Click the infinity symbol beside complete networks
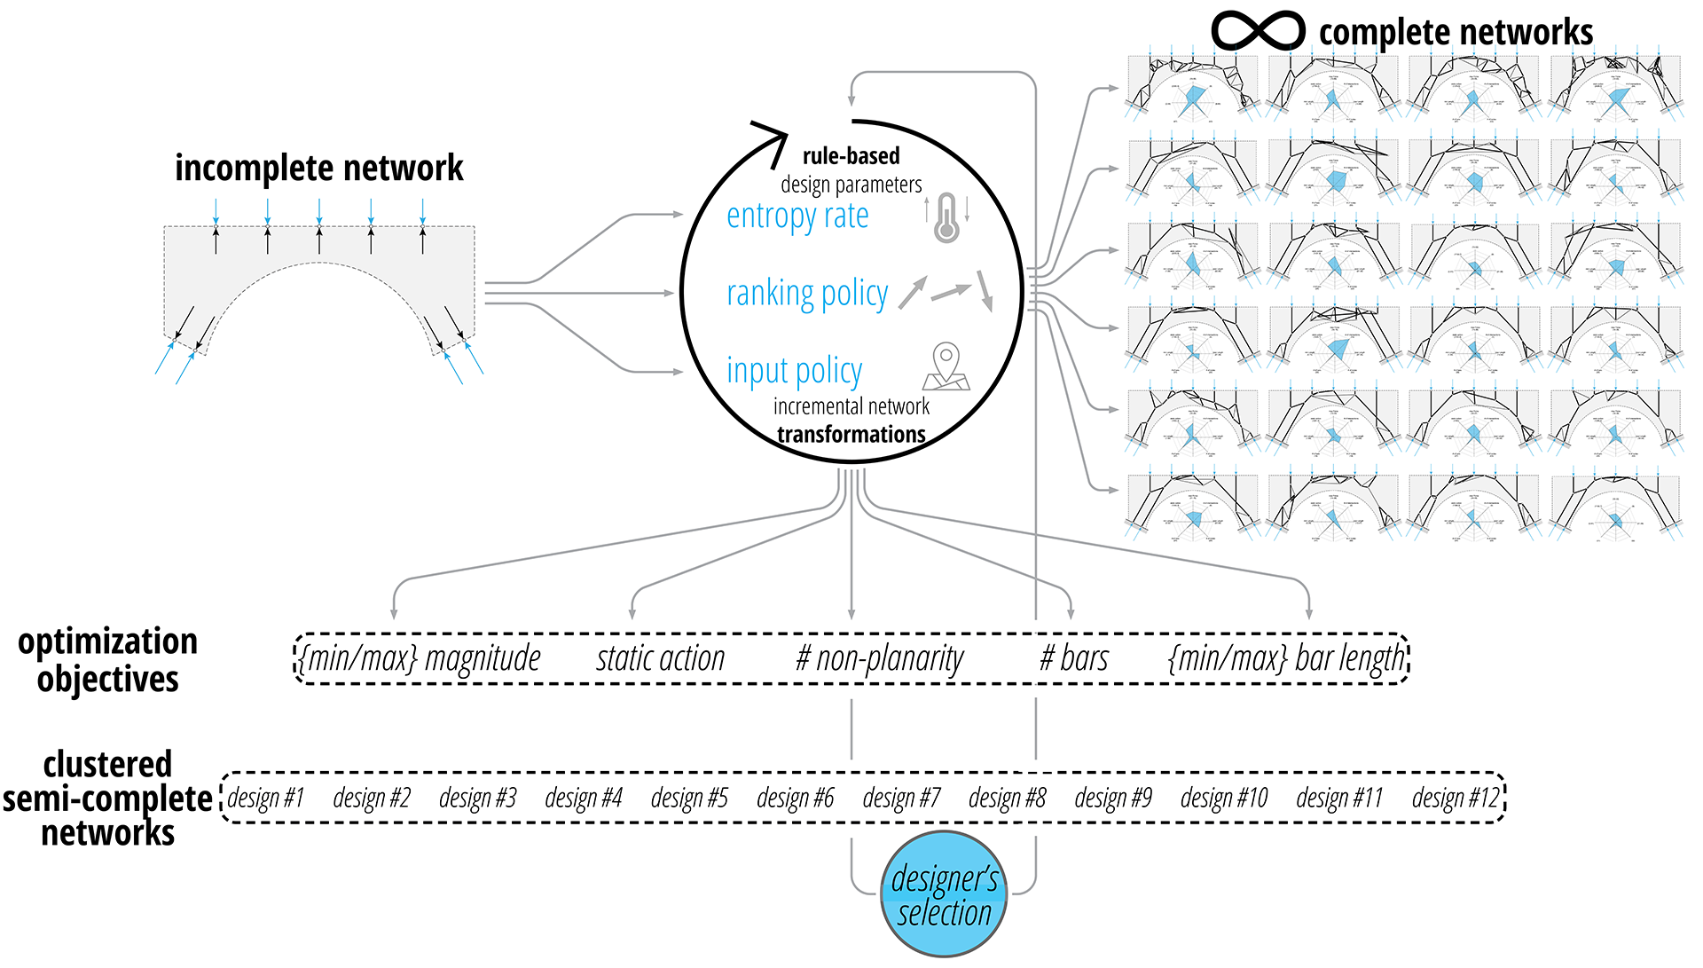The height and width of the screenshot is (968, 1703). coord(1258,31)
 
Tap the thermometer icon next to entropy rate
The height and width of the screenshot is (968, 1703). coord(947,218)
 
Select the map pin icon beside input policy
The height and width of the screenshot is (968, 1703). coord(946,367)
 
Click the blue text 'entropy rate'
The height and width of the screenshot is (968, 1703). coord(797,216)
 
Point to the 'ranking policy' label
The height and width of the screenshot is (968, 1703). coord(806,294)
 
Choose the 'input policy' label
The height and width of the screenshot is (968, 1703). coord(794,371)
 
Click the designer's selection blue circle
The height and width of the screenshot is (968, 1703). coord(944,894)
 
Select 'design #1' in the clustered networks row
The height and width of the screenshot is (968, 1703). coord(266,799)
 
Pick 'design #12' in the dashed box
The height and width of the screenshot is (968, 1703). coord(1455,799)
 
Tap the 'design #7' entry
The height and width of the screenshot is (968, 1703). coord(901,799)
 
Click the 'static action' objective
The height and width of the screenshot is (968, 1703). coord(660,659)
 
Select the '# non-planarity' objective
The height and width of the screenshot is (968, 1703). coord(879,659)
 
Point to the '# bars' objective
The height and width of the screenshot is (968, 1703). coord(1074,659)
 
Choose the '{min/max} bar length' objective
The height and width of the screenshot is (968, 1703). coord(1287,659)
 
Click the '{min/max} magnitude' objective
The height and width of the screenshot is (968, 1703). coord(420,659)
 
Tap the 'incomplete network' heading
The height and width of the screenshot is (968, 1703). coord(318,168)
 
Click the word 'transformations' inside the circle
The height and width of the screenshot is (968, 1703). coord(851,434)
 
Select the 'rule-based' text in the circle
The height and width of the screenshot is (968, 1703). coord(851,156)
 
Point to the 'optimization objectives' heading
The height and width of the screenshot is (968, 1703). coord(107,660)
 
